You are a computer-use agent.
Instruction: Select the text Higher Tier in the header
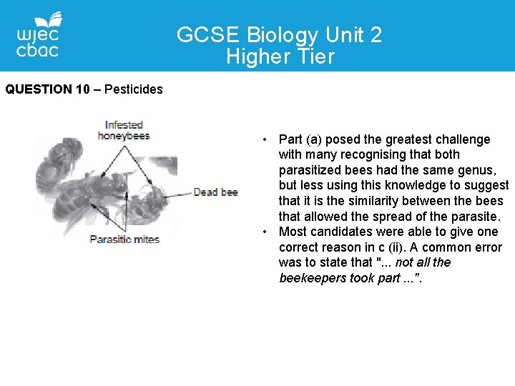(280, 56)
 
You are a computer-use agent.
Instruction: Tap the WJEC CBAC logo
(38, 35)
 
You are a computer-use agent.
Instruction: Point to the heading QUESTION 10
(49, 89)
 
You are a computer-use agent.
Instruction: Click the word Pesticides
(134, 89)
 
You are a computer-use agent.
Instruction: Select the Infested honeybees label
(124, 130)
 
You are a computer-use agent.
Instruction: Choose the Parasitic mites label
(124, 239)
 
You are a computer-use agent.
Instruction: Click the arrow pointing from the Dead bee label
(179, 192)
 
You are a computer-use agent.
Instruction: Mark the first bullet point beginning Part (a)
(265, 139)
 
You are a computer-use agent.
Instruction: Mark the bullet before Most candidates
(265, 232)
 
